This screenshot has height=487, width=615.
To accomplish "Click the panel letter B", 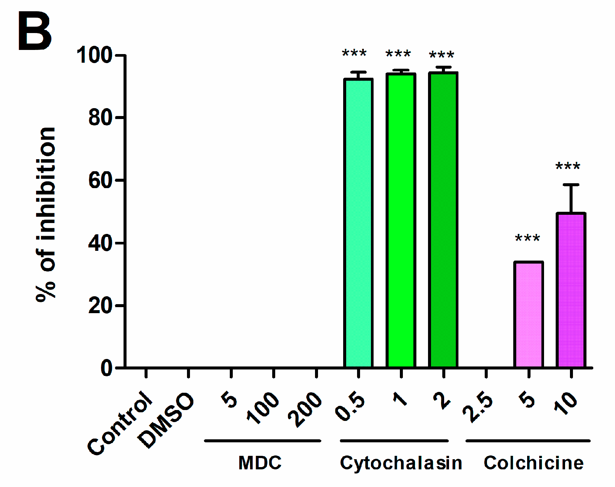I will point(35,32).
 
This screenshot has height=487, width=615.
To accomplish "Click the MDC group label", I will point(260,463).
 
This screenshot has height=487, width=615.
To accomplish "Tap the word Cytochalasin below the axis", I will point(401,463).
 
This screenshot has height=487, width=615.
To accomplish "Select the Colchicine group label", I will point(534,463).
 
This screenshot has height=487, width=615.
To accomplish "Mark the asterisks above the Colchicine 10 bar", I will point(568,166).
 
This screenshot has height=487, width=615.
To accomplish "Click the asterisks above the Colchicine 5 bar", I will point(528,238).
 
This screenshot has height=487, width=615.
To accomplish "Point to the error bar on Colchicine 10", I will point(571,198).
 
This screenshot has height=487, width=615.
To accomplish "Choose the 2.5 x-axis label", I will point(478,407).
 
